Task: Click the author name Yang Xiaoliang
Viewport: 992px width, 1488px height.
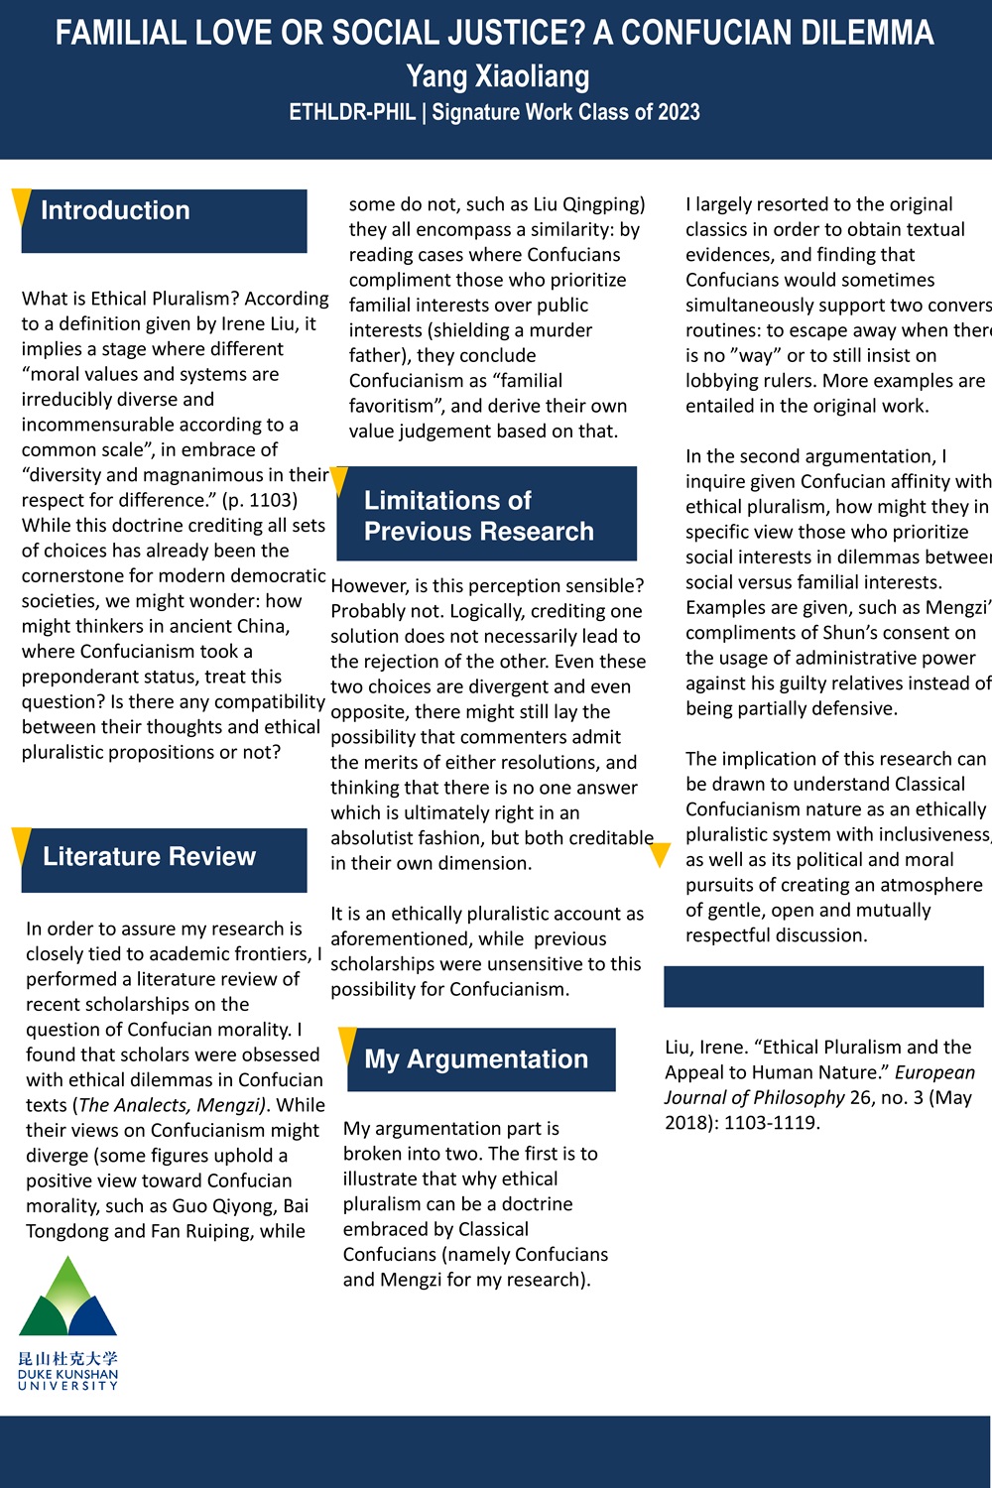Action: (x=497, y=75)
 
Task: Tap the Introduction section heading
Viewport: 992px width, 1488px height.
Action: (x=115, y=210)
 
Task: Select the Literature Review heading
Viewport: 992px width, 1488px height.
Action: (x=149, y=856)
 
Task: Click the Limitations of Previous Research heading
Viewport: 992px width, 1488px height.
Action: (x=479, y=515)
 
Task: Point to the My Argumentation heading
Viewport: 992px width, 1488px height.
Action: (x=476, y=1058)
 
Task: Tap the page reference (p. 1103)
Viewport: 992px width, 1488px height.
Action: (x=260, y=500)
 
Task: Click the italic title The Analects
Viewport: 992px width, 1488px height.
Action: (x=143, y=1105)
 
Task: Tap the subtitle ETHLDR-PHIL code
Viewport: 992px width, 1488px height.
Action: (x=352, y=112)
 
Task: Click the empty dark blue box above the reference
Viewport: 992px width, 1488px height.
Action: (x=823, y=986)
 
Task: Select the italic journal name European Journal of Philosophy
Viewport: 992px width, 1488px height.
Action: (x=819, y=1085)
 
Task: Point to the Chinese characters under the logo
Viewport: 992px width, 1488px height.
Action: (x=67, y=1358)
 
